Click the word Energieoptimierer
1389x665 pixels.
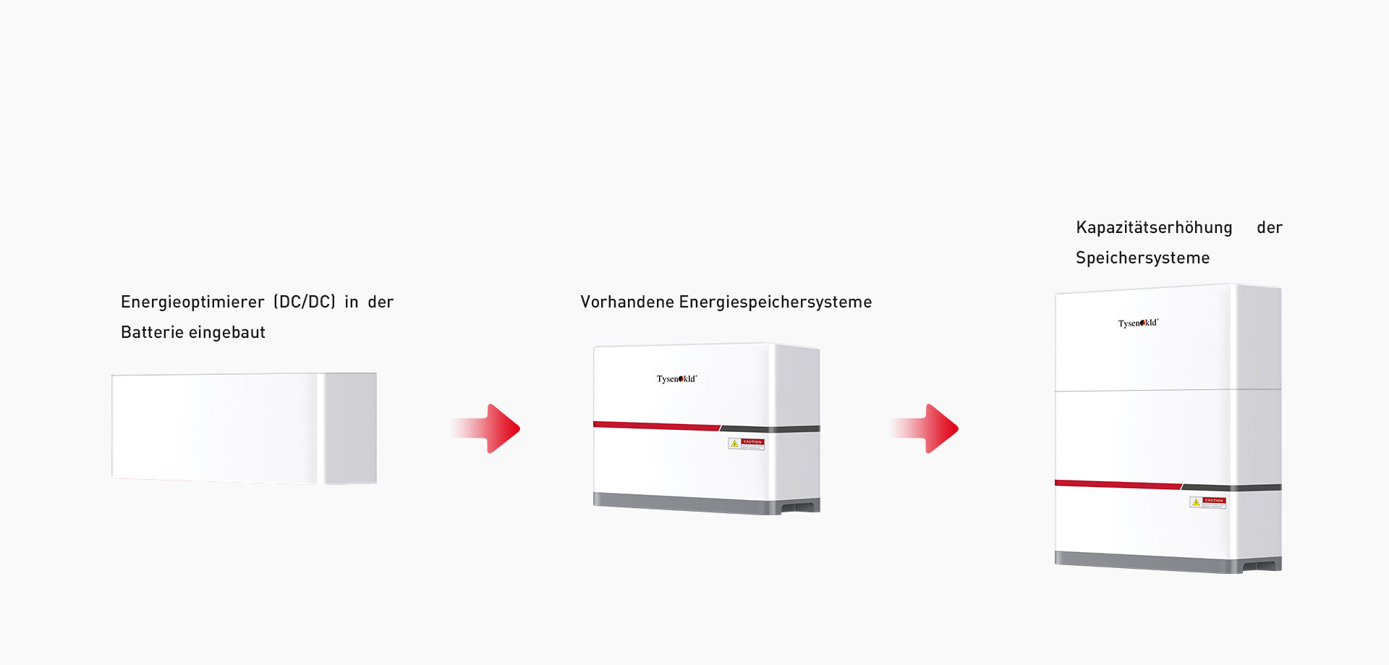point(192,302)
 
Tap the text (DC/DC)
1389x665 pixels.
point(305,302)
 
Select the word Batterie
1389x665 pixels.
point(151,332)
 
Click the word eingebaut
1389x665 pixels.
point(227,332)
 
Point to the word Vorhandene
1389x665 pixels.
point(626,302)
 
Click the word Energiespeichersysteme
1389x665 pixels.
point(775,302)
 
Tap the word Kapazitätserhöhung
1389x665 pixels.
point(1154,228)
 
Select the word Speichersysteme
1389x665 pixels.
point(1142,258)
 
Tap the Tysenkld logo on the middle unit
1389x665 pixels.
point(676,378)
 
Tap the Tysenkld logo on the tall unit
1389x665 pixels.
point(1138,323)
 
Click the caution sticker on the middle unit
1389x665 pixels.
point(746,444)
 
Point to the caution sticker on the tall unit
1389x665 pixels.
point(1207,502)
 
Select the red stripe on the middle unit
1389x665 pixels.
point(655,426)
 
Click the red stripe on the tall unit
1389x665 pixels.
point(1117,484)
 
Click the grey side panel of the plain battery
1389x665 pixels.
point(350,428)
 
